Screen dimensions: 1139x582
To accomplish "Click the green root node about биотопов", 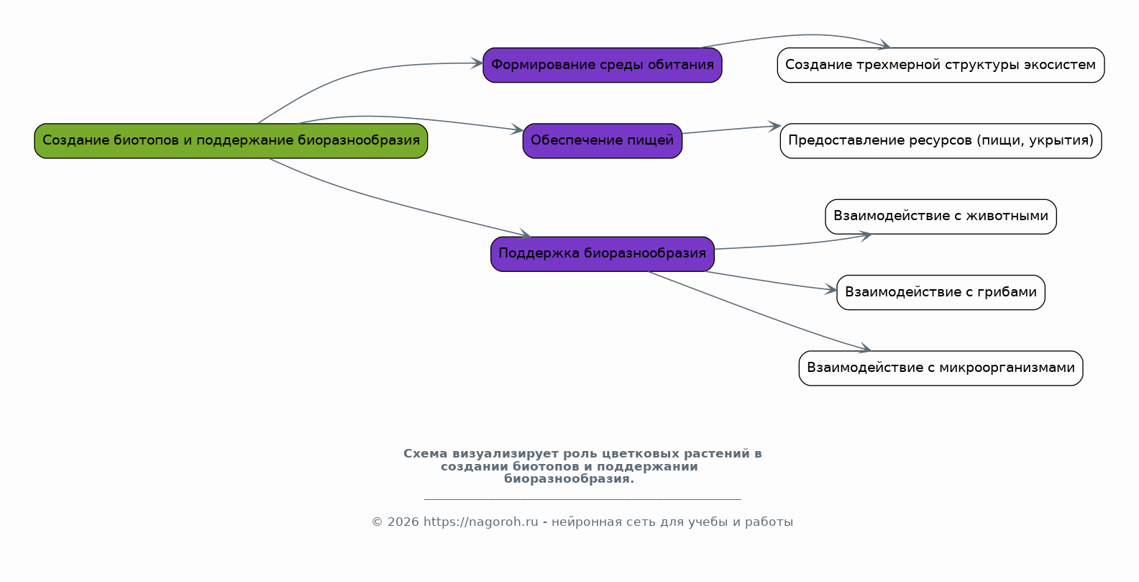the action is click(231, 141).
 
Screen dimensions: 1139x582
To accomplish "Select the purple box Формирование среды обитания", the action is click(603, 65).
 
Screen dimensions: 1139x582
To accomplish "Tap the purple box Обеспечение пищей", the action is click(603, 141).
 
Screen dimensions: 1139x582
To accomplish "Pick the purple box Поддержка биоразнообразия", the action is click(603, 254).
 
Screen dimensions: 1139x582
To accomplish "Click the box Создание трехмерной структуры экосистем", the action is click(941, 65).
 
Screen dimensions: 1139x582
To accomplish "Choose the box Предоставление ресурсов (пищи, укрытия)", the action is click(941, 141).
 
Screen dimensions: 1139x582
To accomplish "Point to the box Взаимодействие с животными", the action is click(941, 217).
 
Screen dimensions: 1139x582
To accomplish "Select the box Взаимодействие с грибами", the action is click(941, 293).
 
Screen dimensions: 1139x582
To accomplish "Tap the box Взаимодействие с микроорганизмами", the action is click(941, 368).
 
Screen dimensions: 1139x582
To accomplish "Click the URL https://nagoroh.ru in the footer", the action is click(480, 522).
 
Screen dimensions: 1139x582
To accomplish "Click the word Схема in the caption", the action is click(426, 453).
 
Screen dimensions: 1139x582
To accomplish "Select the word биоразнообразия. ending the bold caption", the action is click(569, 479).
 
